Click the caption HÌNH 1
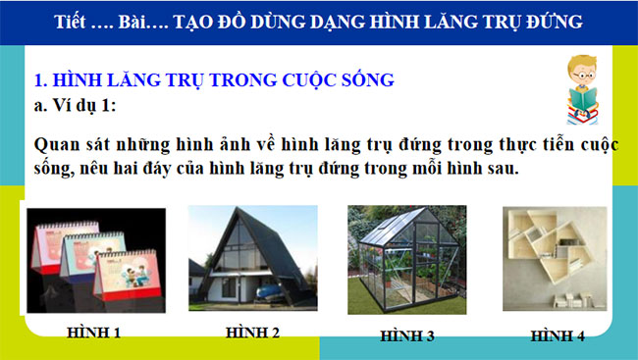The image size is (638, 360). (94, 333)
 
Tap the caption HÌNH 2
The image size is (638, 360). (252, 333)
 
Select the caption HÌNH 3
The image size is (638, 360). (406, 335)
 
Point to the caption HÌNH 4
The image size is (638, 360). (558, 335)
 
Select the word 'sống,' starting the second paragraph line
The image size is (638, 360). (56, 170)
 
